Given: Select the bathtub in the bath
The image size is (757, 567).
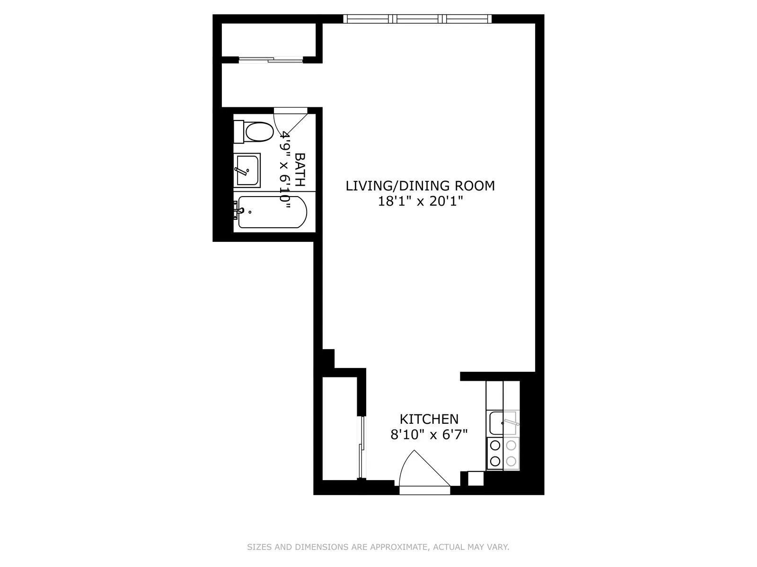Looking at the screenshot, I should coord(272,212).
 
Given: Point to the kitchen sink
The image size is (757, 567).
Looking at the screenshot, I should coord(502,423).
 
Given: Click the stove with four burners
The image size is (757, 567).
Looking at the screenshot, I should coord(503,453).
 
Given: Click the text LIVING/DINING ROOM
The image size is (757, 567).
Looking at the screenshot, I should coord(420,186).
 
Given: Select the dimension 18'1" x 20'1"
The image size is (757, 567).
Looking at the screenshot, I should coord(420,201).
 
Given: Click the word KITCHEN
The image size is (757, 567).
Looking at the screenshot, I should coord(429,419).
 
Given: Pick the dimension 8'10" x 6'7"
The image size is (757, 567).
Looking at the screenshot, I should coord(429,435).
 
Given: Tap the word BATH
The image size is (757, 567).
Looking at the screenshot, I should coord(300,170).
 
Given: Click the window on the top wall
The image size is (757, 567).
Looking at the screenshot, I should coord(417,19).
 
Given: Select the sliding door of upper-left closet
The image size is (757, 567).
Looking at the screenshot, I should coord(271,60).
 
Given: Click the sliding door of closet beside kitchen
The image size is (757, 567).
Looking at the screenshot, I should coord(361,447).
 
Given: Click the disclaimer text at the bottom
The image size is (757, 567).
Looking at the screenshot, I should coord(378,547).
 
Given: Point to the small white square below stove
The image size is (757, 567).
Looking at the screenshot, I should coord(475,478).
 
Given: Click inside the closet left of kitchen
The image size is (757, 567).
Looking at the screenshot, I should coord(340,428).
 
